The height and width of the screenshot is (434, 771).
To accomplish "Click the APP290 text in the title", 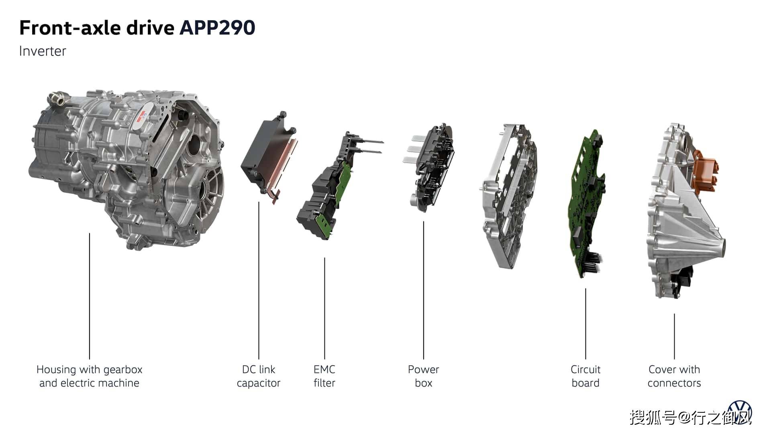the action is [x=217, y=28].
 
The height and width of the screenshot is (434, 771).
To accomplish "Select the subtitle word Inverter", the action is [x=43, y=51].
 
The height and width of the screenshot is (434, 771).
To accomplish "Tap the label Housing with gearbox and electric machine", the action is [x=89, y=376].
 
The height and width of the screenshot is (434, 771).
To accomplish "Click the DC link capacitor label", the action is [x=259, y=376].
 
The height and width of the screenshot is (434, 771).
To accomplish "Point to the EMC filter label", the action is [x=324, y=376].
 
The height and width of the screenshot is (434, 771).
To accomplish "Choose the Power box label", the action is [x=424, y=376].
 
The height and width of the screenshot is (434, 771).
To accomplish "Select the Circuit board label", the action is [x=585, y=376].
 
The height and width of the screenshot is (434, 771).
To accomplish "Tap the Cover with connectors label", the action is [x=674, y=376].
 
